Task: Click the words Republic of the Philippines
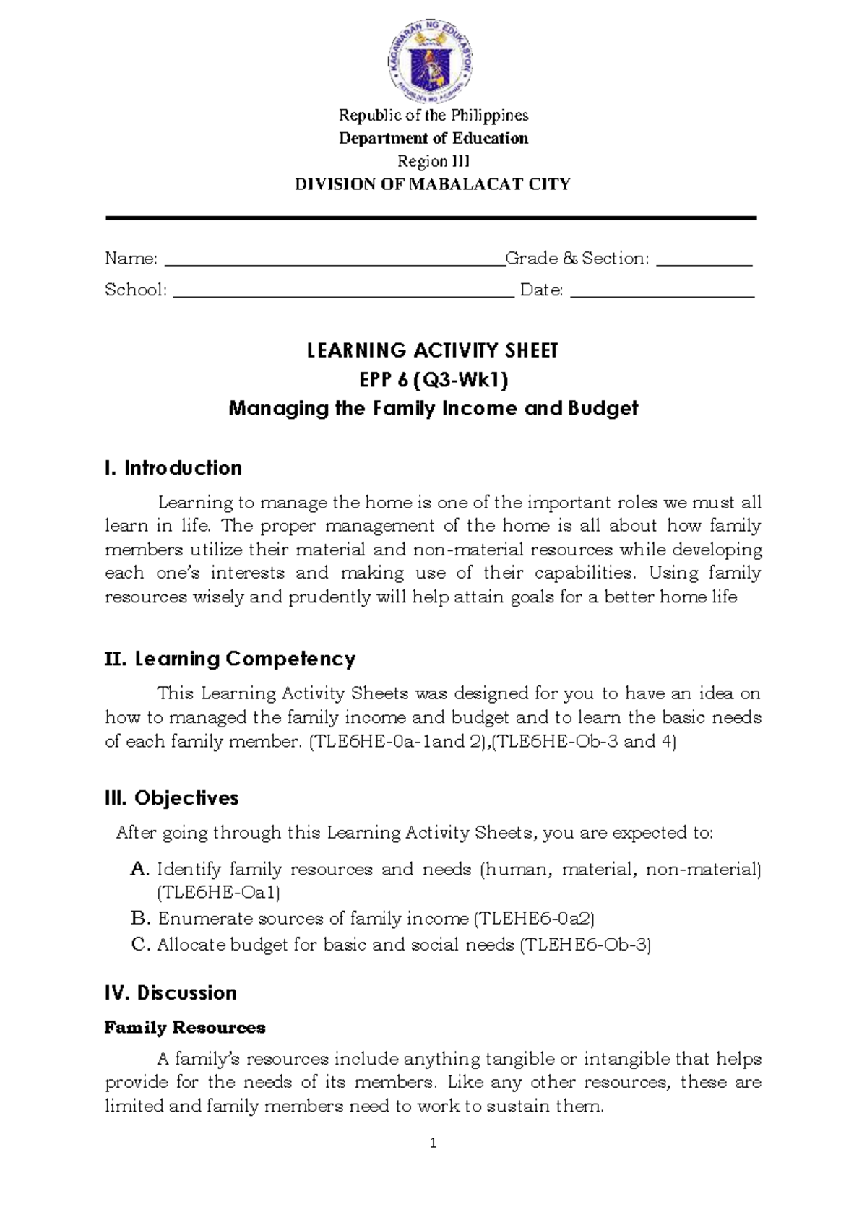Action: coord(433,116)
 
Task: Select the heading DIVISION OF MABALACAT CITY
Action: coord(433,184)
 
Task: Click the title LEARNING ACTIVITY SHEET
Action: coord(433,351)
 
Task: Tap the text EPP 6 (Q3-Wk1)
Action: coord(433,380)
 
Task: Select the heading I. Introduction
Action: coord(173,468)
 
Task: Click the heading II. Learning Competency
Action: coord(230,659)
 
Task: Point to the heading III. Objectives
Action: coord(171,798)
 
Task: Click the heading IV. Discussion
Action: coord(171,993)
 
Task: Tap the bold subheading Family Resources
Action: coord(185,1027)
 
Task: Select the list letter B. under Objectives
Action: coord(140,919)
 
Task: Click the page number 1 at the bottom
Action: coord(433,1143)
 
